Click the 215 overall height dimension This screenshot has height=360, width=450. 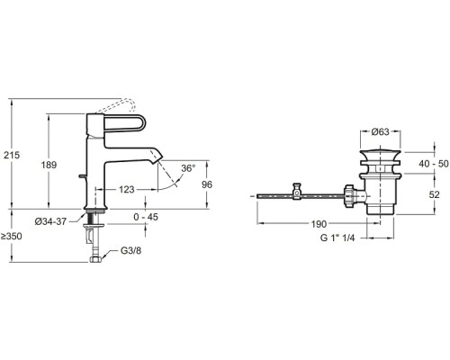tap(12, 155)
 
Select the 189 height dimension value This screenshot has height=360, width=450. tap(49, 165)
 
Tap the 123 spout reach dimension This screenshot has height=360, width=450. tap(127, 190)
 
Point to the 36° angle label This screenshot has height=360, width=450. tap(188, 168)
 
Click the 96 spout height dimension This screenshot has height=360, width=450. tap(207, 184)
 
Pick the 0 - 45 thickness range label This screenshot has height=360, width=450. tap(146, 217)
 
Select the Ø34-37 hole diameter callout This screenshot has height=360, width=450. tap(50, 221)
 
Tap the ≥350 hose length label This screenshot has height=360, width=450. tap(11, 237)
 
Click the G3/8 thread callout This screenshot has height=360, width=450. tap(130, 250)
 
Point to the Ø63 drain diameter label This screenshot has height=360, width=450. tap(381, 131)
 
